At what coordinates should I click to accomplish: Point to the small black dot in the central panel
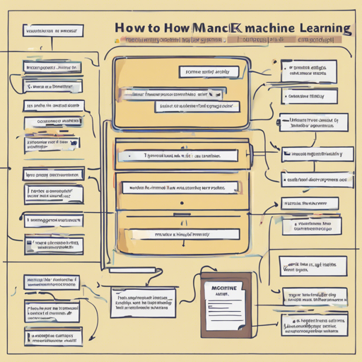181,204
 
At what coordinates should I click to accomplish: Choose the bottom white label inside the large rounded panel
197,107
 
